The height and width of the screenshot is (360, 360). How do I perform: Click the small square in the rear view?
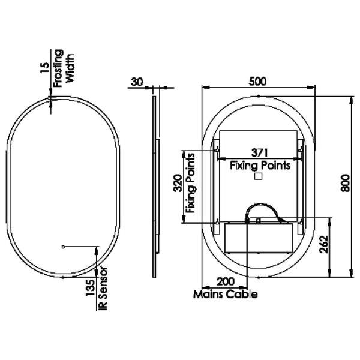(259, 177)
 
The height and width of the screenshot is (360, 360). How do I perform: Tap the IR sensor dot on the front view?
(63, 246)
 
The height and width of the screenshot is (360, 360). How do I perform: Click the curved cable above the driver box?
(264, 210)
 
